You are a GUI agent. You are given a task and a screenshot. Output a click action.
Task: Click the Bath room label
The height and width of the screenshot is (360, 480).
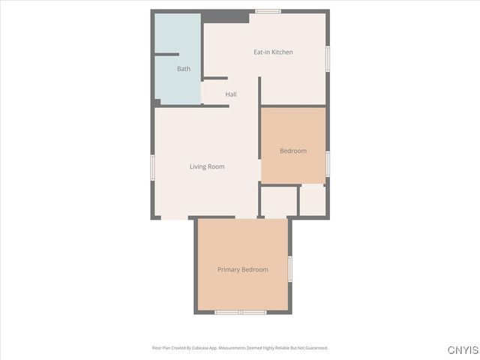pyautogui.click(x=184, y=69)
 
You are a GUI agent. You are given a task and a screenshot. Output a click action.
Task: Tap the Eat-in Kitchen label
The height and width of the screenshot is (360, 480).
pyautogui.click(x=273, y=52)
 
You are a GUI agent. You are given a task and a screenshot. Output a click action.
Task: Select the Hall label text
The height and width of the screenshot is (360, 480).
pyautogui.click(x=231, y=94)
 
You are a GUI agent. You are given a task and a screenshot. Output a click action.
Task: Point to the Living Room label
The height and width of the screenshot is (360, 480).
pyautogui.click(x=207, y=166)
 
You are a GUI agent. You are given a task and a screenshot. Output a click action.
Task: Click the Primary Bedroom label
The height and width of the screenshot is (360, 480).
pyautogui.click(x=242, y=269)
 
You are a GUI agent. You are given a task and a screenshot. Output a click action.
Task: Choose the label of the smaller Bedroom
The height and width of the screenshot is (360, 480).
pyautogui.click(x=293, y=151)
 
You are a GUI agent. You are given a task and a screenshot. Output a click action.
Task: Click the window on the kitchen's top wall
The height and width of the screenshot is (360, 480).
pyautogui.click(x=268, y=11)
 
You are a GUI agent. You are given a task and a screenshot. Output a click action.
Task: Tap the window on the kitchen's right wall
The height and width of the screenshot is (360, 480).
pyautogui.click(x=327, y=58)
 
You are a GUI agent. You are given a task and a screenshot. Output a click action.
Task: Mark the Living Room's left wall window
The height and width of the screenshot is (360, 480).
pyautogui.click(x=152, y=166)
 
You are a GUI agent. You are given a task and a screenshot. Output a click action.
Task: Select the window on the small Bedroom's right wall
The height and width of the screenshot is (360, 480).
pyautogui.click(x=327, y=163)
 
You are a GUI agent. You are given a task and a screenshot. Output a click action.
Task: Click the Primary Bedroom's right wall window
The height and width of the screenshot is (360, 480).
pyautogui.click(x=289, y=268)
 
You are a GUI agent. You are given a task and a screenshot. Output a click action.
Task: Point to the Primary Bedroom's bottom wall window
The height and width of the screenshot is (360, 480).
pyautogui.click(x=240, y=312)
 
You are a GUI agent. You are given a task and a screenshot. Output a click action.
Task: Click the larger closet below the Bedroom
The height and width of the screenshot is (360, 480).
pyautogui.click(x=279, y=201)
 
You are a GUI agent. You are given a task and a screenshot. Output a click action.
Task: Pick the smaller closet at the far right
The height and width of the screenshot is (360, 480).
pyautogui.click(x=313, y=200)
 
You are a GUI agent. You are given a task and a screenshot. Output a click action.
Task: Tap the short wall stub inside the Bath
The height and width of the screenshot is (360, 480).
pyautogui.click(x=166, y=54)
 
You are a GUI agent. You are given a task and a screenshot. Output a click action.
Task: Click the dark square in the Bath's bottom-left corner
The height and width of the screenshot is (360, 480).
pyautogui.click(x=157, y=103)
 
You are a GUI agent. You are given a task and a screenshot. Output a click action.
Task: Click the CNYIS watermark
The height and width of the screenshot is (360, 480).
pyautogui.click(x=462, y=350)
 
